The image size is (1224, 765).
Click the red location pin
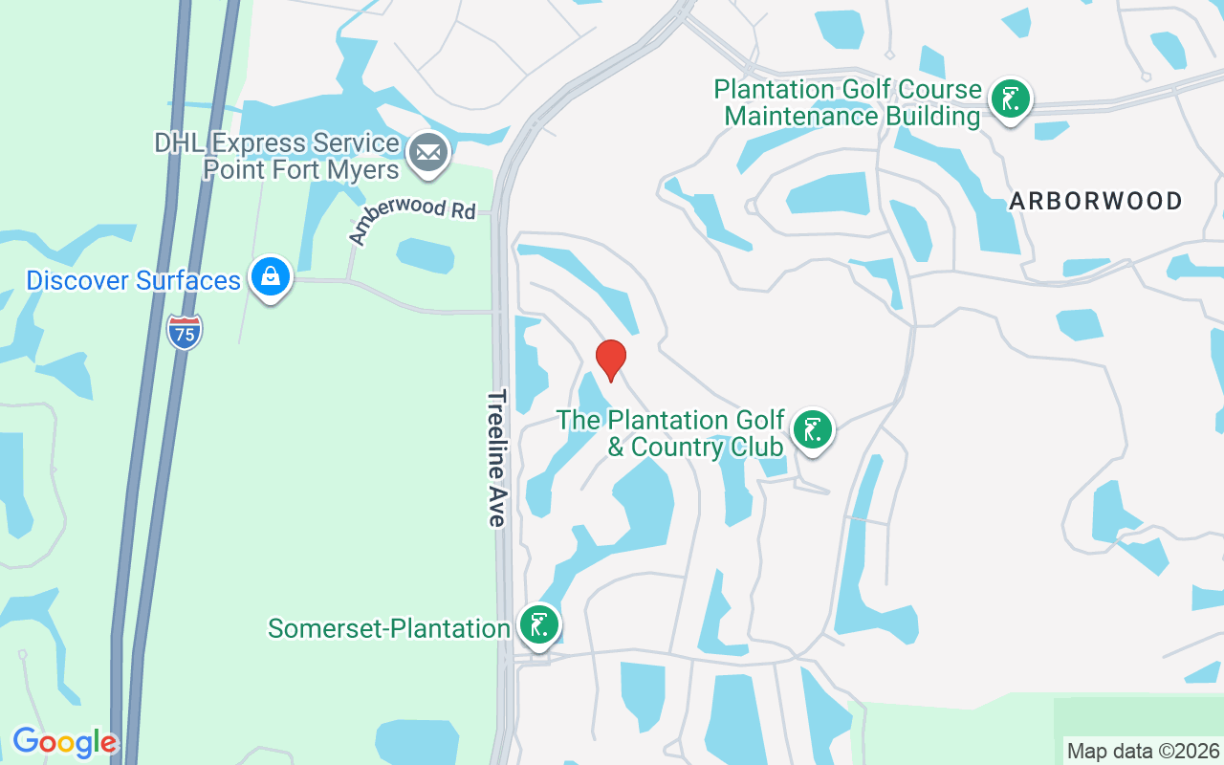pos(611,360)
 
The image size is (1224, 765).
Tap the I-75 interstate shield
pos(185,331)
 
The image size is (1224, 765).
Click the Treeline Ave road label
pos(496,457)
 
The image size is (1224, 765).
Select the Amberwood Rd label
pos(411,217)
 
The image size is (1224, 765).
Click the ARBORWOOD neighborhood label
pos(1096,201)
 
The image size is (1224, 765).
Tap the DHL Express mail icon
pos(427,153)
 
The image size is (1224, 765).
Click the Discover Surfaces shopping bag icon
pos(271,277)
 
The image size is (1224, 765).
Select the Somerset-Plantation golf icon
pos(538,625)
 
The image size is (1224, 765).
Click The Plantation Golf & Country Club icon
pos(812,430)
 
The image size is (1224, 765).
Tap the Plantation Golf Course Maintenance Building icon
pos(1010,99)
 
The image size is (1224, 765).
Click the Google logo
pos(64,742)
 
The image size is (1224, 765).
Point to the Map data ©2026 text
pos(1143,751)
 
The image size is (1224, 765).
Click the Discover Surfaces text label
pos(133,281)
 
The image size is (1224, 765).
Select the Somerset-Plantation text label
pos(388,628)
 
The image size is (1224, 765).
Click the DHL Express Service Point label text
pos(277,157)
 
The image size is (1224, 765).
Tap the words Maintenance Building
pos(852,117)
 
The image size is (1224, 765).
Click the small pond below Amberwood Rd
pos(425,255)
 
